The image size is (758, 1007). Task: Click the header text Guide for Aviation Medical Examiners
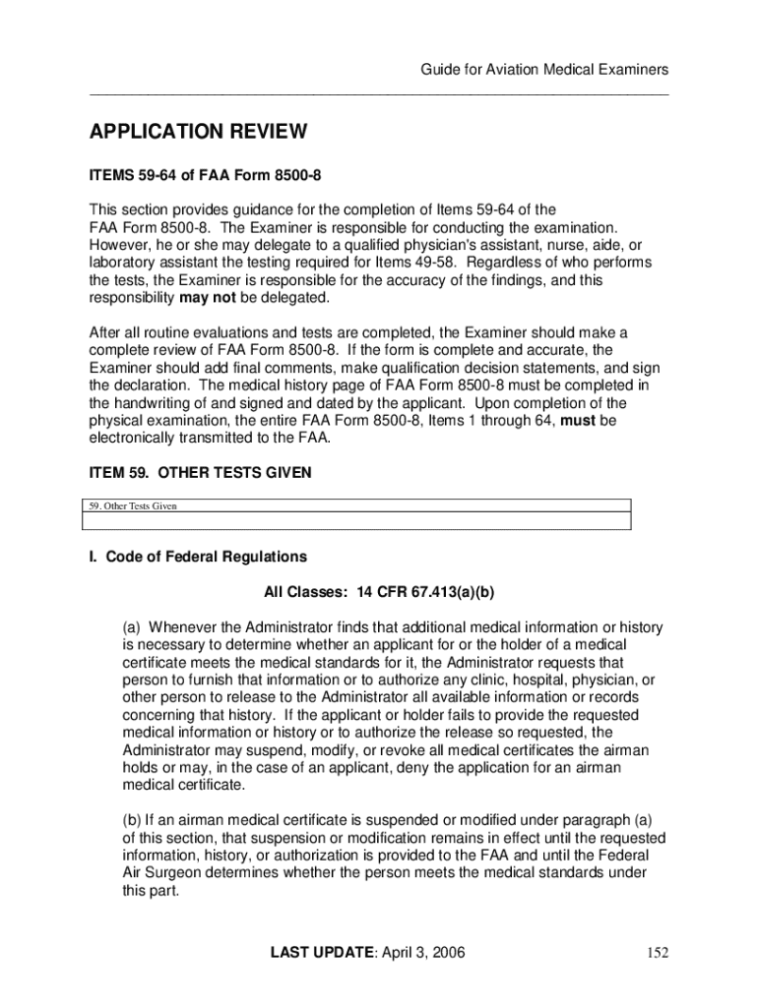[x=544, y=69]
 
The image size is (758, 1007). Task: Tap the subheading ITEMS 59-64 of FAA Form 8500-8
[x=206, y=176]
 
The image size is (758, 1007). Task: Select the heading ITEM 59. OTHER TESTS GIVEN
[x=201, y=473]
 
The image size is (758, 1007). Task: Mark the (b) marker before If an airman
[x=132, y=821]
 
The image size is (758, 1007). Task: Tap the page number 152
[x=657, y=952]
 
